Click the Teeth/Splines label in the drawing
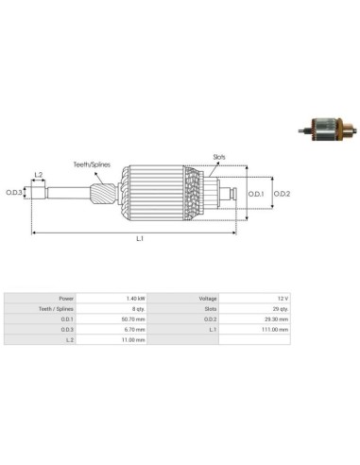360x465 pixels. pos(94,164)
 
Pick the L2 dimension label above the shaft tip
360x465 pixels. pos(38,175)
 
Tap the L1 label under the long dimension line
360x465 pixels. pos(139,239)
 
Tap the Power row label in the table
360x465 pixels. pos(66,298)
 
